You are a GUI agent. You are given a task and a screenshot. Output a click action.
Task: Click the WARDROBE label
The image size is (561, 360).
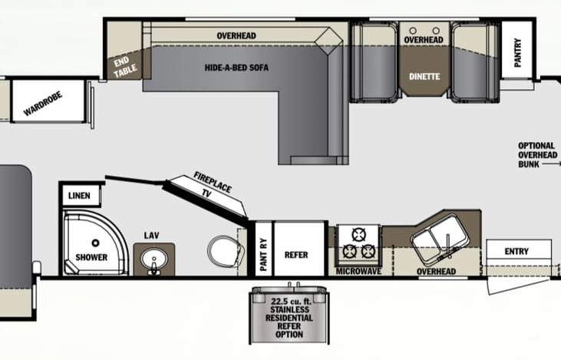coord(43,104)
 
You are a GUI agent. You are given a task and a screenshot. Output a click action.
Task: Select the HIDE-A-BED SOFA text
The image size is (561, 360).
coord(236,67)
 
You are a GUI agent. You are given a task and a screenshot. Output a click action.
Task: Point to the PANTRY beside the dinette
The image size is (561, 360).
coord(518,54)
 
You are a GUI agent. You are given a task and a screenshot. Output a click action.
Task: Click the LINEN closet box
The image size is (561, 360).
coord(79,195)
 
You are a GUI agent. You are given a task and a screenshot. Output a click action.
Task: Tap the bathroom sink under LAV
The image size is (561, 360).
coord(153,259)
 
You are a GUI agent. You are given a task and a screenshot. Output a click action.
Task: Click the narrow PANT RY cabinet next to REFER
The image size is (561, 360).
coord(262,246)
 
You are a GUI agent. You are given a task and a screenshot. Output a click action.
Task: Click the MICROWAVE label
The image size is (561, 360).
coord(358,272)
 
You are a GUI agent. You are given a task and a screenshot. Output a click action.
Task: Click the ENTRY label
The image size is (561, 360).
coord(518,251)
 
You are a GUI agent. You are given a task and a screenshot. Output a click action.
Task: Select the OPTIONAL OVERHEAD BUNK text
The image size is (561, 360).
coord(536,154)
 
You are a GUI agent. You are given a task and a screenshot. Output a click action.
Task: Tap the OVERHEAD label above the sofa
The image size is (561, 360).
coord(236,35)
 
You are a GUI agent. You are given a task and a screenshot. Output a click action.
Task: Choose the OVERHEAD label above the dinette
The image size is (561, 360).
coord(424,39)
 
